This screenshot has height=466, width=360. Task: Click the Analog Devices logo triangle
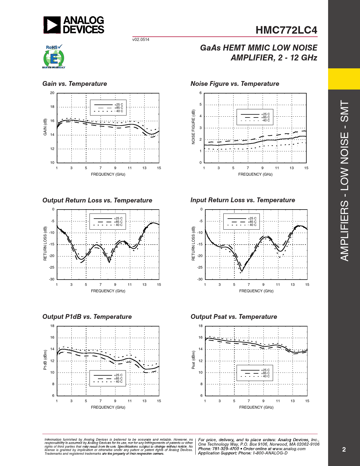click(52, 25)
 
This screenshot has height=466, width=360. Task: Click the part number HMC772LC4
click(286, 30)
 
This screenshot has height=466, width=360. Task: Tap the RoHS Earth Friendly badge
click(54, 57)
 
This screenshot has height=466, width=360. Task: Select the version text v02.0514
click(141, 40)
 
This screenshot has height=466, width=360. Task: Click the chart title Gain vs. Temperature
click(75, 84)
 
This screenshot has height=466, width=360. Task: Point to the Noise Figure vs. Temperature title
click(235, 84)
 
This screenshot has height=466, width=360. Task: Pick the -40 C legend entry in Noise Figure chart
click(265, 120)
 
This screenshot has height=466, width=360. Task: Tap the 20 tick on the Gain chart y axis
click(52, 93)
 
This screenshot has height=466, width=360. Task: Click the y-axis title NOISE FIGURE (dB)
click(193, 127)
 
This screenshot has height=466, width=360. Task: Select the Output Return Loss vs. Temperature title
click(97, 200)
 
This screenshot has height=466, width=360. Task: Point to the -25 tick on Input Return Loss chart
click(200, 267)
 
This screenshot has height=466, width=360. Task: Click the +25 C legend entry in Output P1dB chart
click(118, 375)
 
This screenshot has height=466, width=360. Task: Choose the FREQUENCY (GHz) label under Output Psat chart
click(256, 407)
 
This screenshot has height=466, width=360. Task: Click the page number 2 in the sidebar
click(344, 450)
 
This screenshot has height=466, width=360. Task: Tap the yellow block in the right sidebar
click(344, 79)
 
